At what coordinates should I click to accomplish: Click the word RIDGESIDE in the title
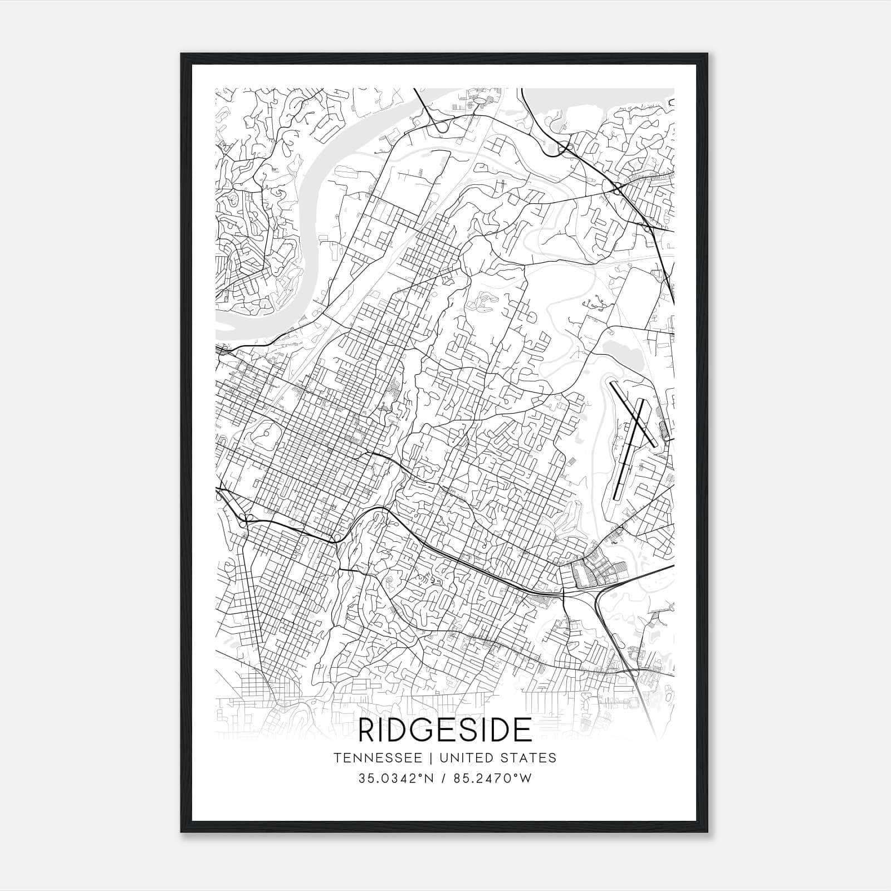(x=445, y=730)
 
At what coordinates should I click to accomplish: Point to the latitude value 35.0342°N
(x=396, y=779)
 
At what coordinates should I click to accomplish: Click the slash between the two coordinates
(x=443, y=779)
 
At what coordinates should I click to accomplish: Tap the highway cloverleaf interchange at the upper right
(x=567, y=148)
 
